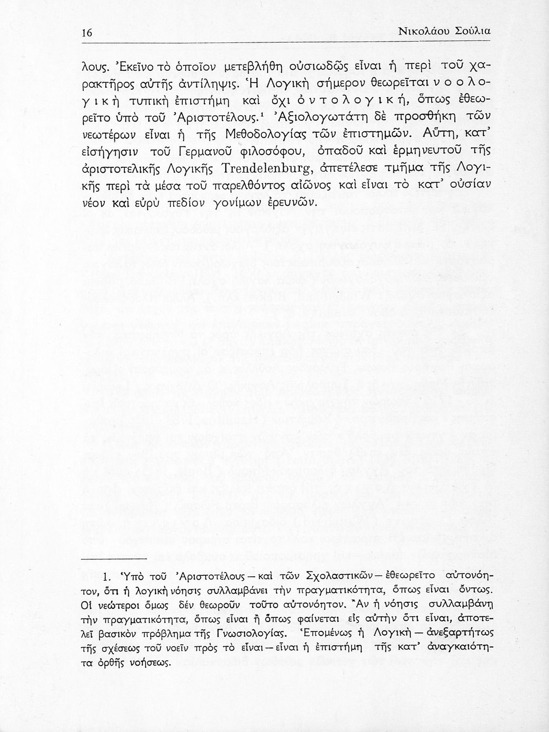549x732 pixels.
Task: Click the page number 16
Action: click(x=87, y=33)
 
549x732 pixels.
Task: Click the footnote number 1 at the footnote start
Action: click(x=108, y=576)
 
